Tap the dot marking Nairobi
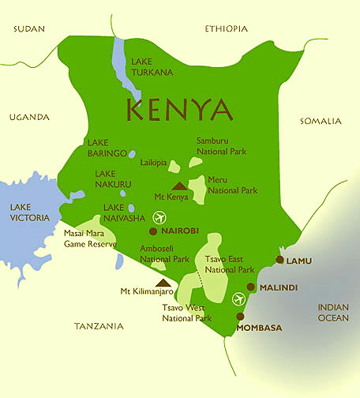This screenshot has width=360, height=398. click(x=153, y=231)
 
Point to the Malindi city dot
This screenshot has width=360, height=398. click(x=251, y=287)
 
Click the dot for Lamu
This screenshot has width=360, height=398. click(x=279, y=259)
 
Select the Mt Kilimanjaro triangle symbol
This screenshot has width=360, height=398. click(x=163, y=282)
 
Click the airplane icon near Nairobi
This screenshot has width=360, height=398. click(x=162, y=216)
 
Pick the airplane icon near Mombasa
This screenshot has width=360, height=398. click(x=240, y=298)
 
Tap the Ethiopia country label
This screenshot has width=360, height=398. click(x=226, y=29)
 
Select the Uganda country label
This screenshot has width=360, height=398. click(x=29, y=117)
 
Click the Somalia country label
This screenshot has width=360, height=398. click(x=321, y=121)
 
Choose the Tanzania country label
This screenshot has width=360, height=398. click(x=99, y=325)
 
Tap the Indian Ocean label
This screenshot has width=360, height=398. click(x=332, y=313)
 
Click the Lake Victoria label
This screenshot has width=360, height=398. click(x=29, y=212)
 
